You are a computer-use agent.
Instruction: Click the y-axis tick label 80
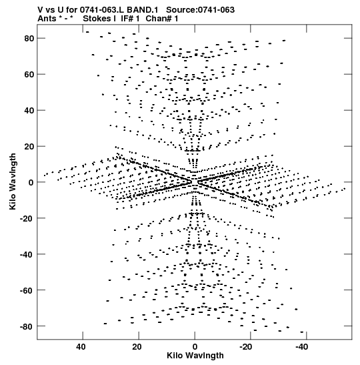pyautogui.click(x=29, y=39)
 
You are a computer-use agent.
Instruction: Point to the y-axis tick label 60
pyautogui.click(x=29, y=75)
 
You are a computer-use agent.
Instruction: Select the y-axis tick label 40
pyautogui.click(x=29, y=110)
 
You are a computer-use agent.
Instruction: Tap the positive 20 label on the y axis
pyautogui.click(x=29, y=146)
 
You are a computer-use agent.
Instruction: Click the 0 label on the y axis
pyautogui.click(x=31, y=183)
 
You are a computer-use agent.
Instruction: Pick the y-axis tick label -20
pyautogui.click(x=27, y=218)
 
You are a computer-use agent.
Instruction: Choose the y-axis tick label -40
pyautogui.click(x=27, y=254)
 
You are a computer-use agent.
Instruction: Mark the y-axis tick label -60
pyautogui.click(x=27, y=290)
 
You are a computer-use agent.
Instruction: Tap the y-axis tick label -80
pyautogui.click(x=27, y=326)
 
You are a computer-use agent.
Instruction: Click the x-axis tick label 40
pyautogui.click(x=81, y=347)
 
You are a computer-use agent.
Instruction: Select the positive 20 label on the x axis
pyautogui.click(x=137, y=347)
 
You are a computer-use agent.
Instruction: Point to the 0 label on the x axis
pyautogui.click(x=195, y=347)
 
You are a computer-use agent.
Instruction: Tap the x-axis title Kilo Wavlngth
pyautogui.click(x=195, y=356)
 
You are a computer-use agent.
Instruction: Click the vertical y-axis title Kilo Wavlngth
pyautogui.click(x=13, y=181)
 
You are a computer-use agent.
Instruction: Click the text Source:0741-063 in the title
pyautogui.click(x=200, y=10)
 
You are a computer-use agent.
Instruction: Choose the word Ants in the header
pyautogui.click(x=47, y=19)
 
